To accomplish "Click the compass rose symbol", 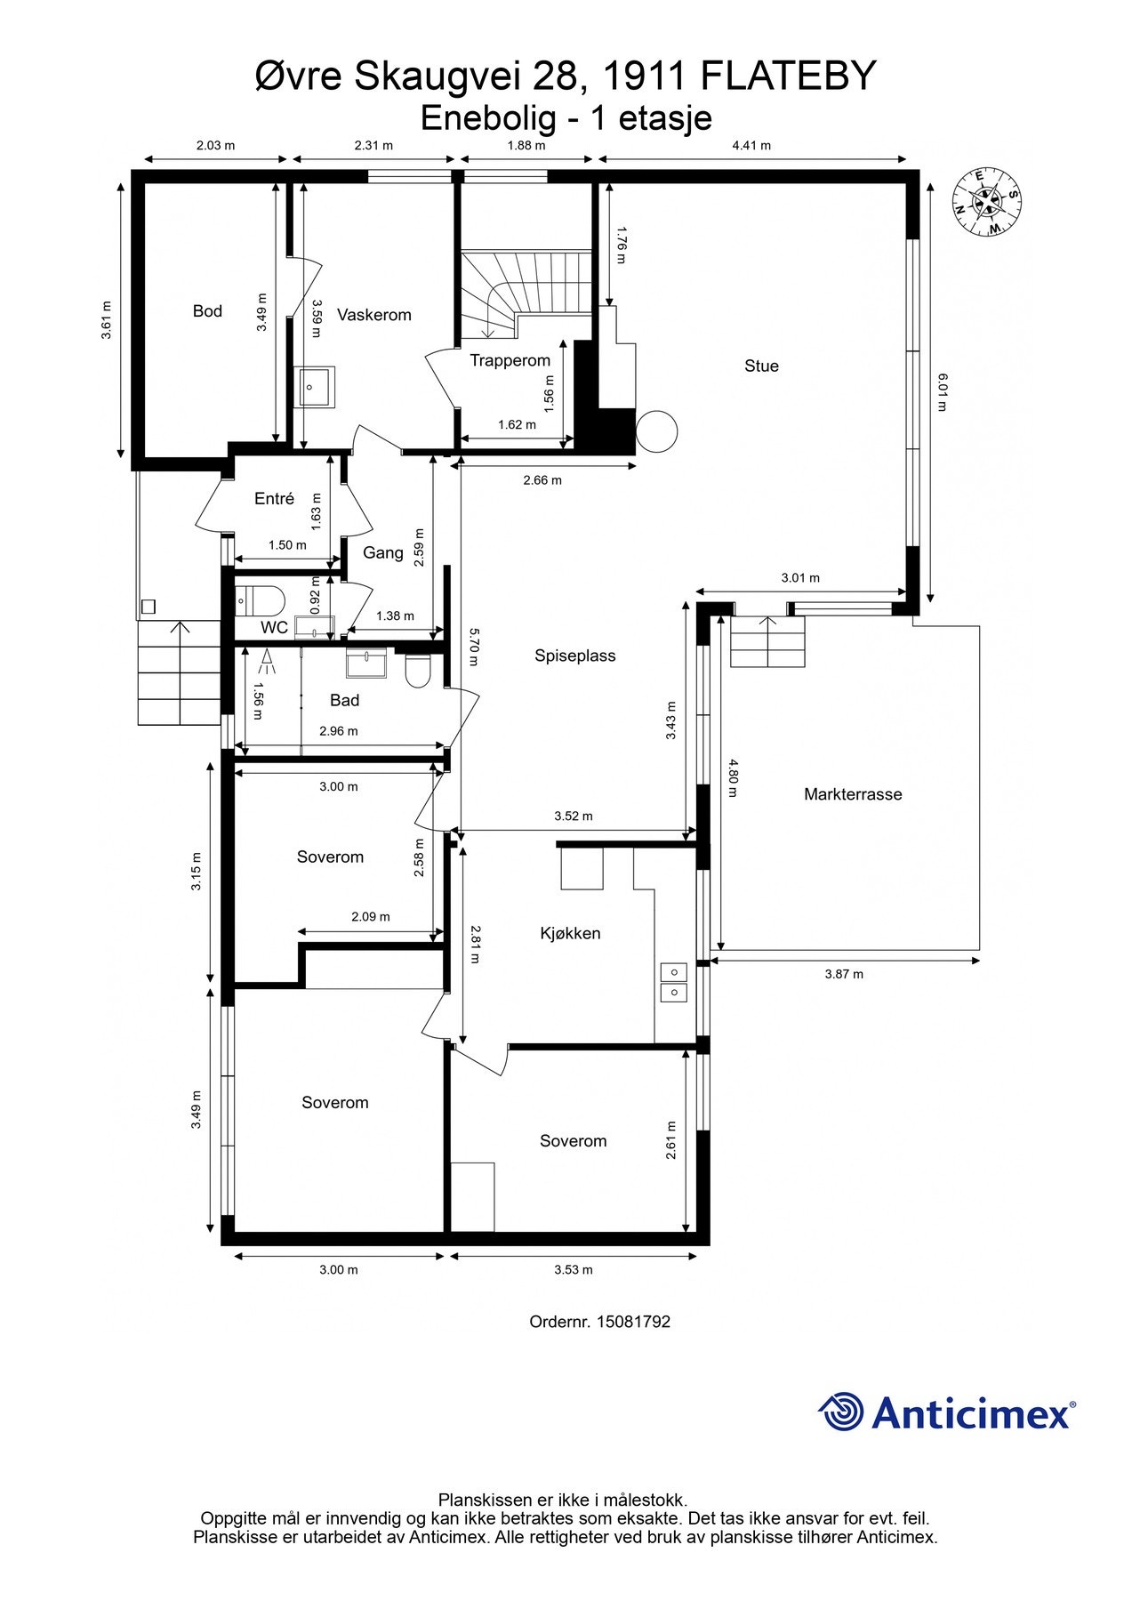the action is (987, 202).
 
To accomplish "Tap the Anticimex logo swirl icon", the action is (840, 1412).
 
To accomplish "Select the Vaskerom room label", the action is (374, 315).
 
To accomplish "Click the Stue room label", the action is (761, 366).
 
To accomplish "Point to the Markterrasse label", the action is (853, 794).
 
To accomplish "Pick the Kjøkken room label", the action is (570, 933).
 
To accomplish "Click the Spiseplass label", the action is (574, 656).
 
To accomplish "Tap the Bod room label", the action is (207, 311).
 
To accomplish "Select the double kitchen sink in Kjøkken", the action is (673, 982).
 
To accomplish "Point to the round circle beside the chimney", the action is (657, 431).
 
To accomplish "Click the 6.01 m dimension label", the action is (943, 392).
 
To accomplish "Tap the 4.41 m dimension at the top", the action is (751, 145).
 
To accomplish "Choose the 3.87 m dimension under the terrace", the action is (844, 974).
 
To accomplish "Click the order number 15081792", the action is (633, 1322).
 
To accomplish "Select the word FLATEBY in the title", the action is (789, 76).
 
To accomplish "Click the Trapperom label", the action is (510, 360).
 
